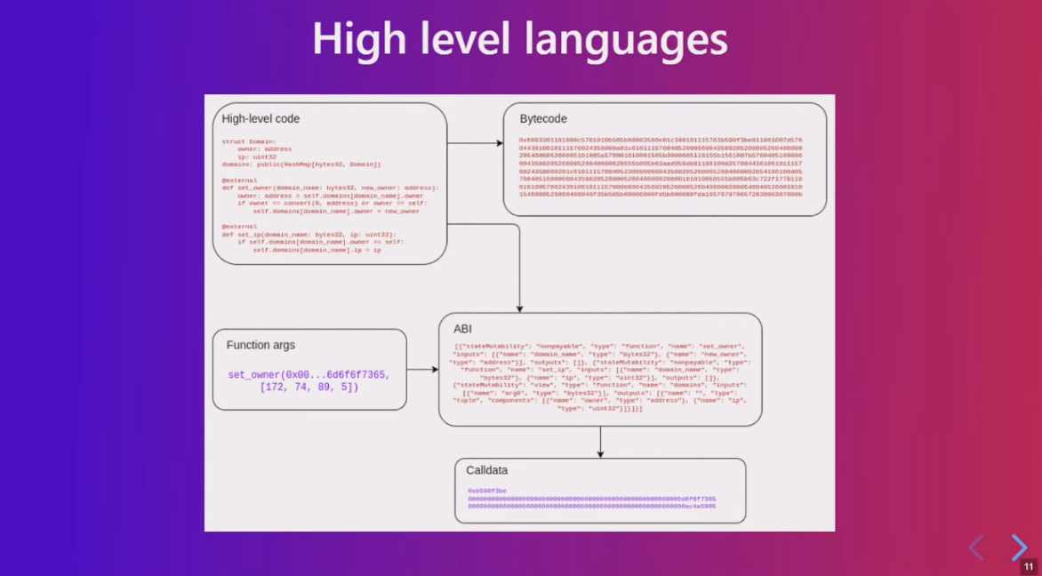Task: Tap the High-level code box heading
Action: [260, 119]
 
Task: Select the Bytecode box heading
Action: [543, 119]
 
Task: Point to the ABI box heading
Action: [462, 329]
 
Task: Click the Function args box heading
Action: [260, 345]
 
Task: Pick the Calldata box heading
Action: [487, 470]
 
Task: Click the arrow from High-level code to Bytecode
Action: [475, 142]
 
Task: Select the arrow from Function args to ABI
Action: [422, 370]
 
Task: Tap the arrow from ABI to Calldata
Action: [600, 442]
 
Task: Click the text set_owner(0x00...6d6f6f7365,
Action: [309, 375]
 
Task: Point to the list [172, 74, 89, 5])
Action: [309, 388]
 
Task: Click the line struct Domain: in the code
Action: [249, 141]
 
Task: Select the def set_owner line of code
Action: [330, 188]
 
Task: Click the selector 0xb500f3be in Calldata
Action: [487, 491]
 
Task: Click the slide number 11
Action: [1029, 566]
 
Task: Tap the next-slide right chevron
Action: [1019, 548]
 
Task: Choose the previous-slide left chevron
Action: [976, 548]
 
